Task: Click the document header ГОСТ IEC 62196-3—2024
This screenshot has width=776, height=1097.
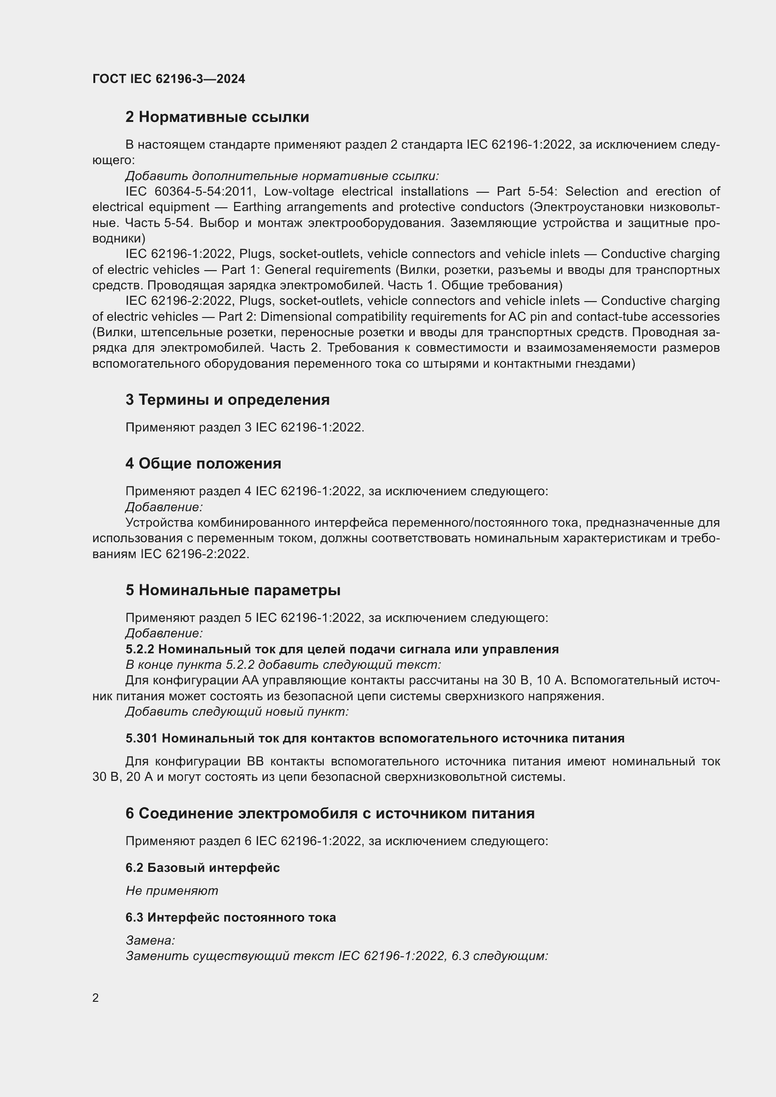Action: click(x=169, y=79)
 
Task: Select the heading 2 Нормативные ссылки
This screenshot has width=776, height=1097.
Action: click(x=217, y=117)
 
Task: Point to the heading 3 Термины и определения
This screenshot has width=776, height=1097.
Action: click(x=228, y=400)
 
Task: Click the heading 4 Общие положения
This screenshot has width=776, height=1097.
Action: click(x=203, y=463)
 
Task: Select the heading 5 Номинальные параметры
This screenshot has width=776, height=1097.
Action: click(x=233, y=590)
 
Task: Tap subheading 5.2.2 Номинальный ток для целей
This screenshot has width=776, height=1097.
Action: click(x=342, y=649)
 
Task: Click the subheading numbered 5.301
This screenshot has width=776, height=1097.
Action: click(x=141, y=738)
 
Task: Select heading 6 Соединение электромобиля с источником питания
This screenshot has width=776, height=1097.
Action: click(x=330, y=813)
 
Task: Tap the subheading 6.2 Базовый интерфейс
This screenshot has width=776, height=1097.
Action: click(x=203, y=868)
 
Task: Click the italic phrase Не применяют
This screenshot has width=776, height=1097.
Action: click(x=172, y=891)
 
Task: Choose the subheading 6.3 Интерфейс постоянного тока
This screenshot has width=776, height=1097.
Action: click(x=230, y=917)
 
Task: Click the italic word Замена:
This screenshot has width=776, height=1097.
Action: click(x=150, y=940)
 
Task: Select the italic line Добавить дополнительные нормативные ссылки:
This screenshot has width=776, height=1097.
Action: click(x=282, y=176)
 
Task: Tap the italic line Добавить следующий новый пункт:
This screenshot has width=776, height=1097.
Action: click(x=237, y=712)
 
